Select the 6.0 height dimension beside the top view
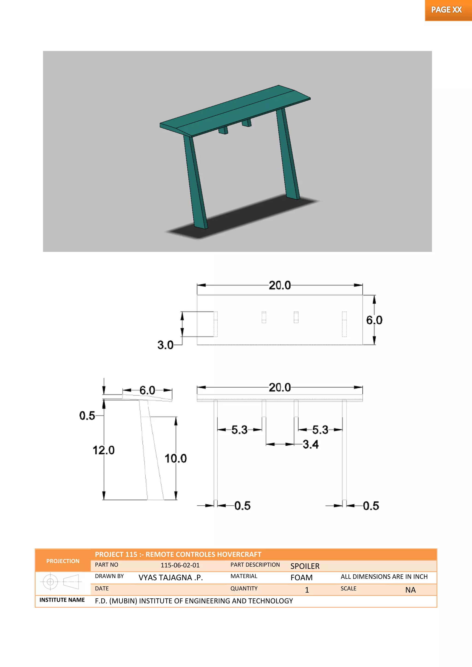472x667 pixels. tap(374, 320)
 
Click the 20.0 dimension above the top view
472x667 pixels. tap(280, 285)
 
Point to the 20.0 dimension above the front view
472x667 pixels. tap(280, 387)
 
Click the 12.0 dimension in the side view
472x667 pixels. tap(103, 450)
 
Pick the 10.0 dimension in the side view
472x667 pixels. tap(176, 458)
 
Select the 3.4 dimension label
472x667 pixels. tap(310, 444)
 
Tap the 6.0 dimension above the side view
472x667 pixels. tap(147, 390)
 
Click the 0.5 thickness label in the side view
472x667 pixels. tap(87, 416)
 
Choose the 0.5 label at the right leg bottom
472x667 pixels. tap(371, 506)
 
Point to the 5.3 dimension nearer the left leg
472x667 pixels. tap(239, 430)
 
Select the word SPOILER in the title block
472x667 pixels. tap(305, 566)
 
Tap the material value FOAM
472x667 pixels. tap(301, 578)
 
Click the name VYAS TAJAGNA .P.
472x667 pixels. tap(170, 578)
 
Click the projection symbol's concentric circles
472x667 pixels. tap(50, 582)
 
